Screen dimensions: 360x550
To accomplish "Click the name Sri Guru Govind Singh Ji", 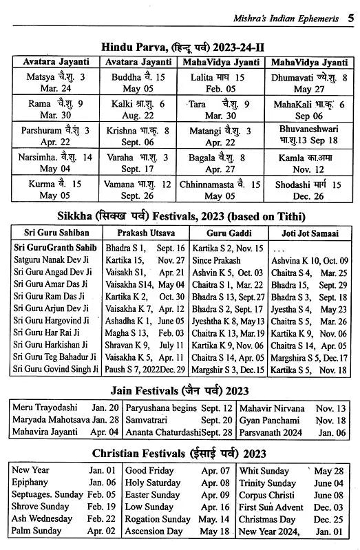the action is (55, 370).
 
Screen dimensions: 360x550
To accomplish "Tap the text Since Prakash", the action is (217, 261).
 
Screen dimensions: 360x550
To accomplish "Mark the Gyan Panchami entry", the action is (269, 420).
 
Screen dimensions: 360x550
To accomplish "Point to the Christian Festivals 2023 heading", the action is (180, 454).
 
